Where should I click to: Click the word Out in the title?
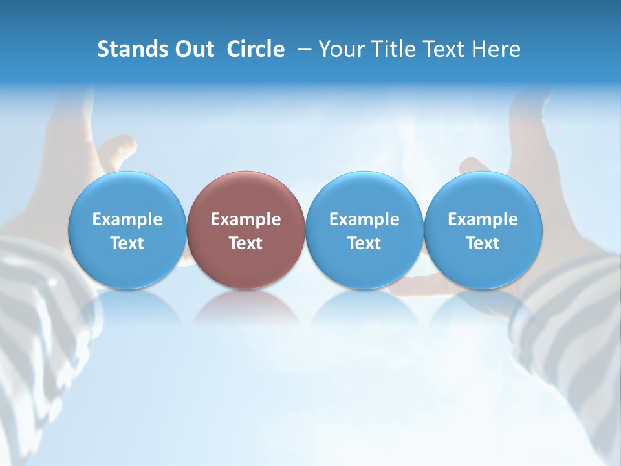pos(193,49)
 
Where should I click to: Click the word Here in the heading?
pos(496,49)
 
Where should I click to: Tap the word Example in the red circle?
pos(246,219)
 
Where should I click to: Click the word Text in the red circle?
pos(246,243)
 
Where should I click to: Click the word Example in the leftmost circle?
pos(127,219)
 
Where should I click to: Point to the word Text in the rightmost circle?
pos(483,243)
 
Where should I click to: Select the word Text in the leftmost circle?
pos(127,243)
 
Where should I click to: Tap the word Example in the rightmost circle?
pos(483,219)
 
